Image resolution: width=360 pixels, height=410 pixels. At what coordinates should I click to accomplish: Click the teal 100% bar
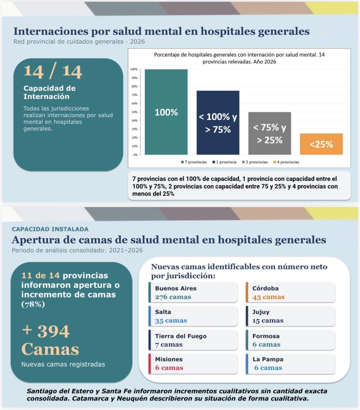[166, 112]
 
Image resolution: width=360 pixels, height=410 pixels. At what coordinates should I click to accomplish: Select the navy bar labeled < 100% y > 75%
[218, 123]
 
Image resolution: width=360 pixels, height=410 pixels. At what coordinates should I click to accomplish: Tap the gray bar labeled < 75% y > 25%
[270, 133]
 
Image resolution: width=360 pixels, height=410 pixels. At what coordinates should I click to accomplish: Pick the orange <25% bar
[321, 144]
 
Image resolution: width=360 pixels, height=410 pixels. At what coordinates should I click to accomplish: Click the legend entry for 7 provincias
[194, 162]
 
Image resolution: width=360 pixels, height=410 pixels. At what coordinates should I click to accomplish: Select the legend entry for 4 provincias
[286, 162]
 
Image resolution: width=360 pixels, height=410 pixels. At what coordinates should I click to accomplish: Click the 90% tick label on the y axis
[134, 78]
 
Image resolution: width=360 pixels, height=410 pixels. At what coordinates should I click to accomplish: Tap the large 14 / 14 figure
[53, 71]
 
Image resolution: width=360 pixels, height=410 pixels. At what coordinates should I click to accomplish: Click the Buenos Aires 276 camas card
[193, 293]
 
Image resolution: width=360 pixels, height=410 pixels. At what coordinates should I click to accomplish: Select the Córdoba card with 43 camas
[290, 293]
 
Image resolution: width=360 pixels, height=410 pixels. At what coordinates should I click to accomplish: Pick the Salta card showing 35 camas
[193, 316]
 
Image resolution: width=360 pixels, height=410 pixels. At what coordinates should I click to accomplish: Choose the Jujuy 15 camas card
[290, 316]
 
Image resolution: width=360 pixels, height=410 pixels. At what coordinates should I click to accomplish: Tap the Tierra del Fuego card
[193, 340]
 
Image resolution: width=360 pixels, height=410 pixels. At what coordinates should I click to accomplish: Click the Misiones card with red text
[193, 364]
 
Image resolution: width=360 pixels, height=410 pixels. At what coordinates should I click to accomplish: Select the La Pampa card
[290, 364]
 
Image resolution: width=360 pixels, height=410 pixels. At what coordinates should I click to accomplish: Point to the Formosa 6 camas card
[290, 340]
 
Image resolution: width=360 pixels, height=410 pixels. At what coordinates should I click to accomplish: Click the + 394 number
[46, 331]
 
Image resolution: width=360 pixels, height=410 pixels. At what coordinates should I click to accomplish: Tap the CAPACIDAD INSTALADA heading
[50, 229]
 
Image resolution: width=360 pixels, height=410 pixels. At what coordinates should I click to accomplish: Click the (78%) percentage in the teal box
[33, 304]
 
